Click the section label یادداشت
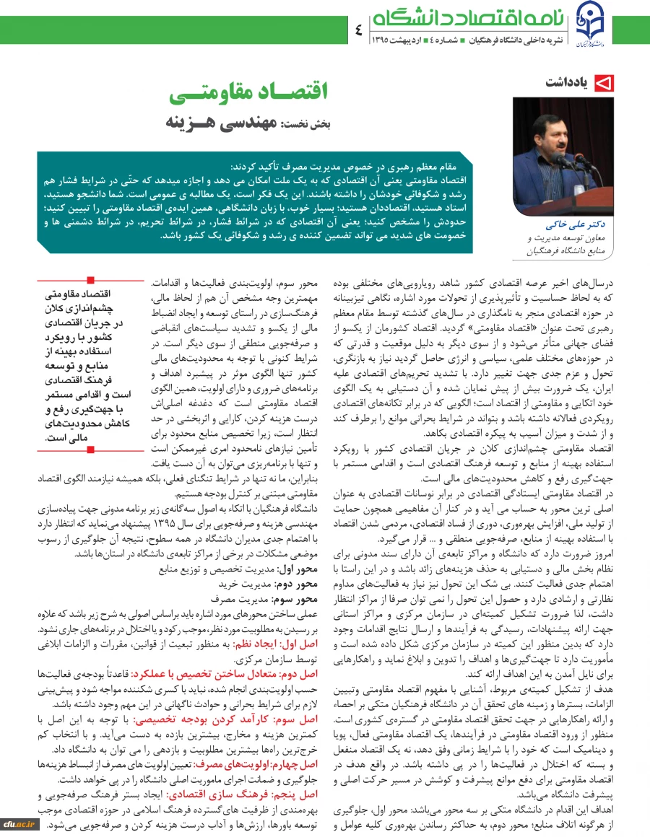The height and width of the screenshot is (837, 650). click(x=569, y=84)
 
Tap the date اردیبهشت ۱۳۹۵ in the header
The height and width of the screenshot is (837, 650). click(x=397, y=39)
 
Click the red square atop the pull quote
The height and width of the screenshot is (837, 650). click(x=90, y=279)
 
